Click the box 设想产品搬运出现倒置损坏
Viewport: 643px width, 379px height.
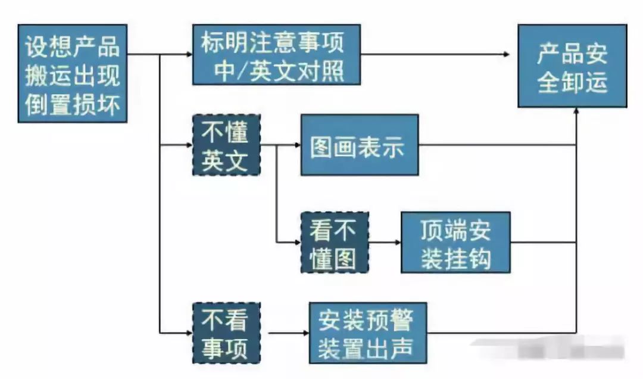(73, 73)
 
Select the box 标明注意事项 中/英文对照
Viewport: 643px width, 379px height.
(276, 54)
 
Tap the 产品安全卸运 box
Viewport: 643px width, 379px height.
(572, 66)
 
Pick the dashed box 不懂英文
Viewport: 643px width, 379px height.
(226, 145)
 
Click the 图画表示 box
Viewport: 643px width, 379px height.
(359, 145)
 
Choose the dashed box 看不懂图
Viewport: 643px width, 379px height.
(335, 243)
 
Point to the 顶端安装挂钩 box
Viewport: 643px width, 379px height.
(455, 243)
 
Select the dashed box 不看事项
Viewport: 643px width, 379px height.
(226, 333)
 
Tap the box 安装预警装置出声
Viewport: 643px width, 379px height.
(368, 333)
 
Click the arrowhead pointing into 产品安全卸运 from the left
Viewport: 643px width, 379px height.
(507, 54)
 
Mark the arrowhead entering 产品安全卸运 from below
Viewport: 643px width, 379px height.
(576, 111)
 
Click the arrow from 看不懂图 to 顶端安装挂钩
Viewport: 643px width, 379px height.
(385, 243)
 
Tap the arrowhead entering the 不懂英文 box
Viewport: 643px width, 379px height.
(189, 145)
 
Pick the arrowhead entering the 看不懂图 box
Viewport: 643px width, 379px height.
(296, 243)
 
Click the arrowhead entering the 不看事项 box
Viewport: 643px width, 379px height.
(189, 333)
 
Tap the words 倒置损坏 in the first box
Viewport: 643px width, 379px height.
(73, 104)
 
